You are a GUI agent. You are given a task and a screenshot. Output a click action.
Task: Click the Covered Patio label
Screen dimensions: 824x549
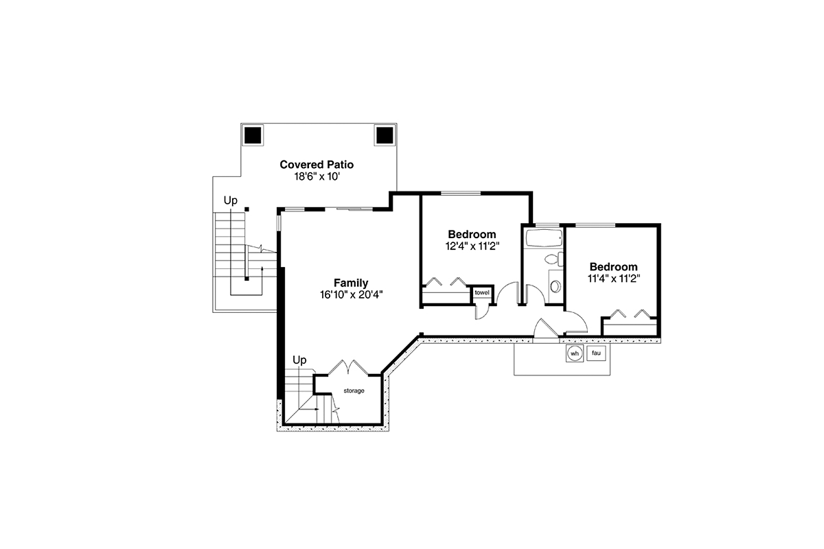click(317, 165)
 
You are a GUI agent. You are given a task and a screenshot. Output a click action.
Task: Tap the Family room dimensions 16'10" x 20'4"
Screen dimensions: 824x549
click(352, 295)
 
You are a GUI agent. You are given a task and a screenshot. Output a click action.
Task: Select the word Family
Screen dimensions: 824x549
click(351, 283)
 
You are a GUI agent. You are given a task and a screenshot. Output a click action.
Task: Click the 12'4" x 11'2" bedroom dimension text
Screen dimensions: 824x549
click(472, 246)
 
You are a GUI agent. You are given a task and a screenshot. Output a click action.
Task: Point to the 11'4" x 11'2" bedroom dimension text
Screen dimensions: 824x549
click(614, 279)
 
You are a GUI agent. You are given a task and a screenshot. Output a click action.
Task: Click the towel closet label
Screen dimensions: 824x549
click(482, 293)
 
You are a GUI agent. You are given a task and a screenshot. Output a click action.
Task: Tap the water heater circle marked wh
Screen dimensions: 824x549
click(575, 353)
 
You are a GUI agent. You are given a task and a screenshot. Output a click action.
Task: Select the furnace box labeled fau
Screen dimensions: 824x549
click(596, 353)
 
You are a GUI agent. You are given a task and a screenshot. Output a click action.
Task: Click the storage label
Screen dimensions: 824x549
click(354, 391)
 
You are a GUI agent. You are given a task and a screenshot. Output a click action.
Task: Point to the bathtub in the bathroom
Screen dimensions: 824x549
click(544, 239)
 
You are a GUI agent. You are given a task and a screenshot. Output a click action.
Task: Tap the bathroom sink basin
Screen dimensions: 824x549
click(556, 286)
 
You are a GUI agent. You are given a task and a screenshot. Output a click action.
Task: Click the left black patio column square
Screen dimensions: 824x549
click(253, 135)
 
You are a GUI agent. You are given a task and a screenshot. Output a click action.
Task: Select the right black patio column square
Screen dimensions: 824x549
click(385, 135)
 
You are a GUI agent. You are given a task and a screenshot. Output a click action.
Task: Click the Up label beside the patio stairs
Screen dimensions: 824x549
click(231, 200)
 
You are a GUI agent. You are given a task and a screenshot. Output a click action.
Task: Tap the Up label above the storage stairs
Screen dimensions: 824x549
click(299, 360)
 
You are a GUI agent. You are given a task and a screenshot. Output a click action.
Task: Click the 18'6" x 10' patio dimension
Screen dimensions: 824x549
click(317, 177)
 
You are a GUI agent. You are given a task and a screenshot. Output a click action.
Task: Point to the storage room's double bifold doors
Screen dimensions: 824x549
click(348, 367)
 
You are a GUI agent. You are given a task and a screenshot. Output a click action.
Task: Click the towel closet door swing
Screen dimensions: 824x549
click(482, 312)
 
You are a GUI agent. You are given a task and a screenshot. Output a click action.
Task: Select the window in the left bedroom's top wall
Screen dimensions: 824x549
click(461, 194)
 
